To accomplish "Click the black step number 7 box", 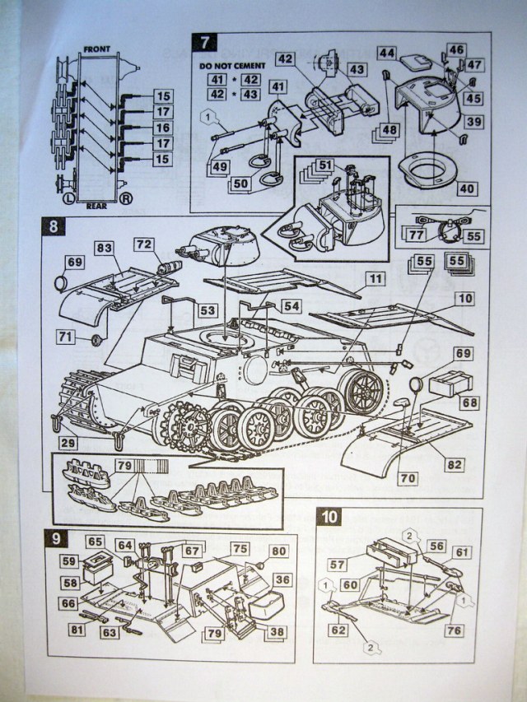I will pos(203,42).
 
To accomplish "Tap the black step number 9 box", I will pos(55,539).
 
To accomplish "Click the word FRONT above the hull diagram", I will pos(96,49).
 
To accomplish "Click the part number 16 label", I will pos(162,128).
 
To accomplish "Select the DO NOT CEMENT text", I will pos(233,64).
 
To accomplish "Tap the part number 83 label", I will pos(104,247).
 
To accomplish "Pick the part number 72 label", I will pos(144,245).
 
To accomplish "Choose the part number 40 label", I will pos(468,188).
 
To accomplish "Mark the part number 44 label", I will pos(387,53).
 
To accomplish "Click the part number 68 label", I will pos(470,402).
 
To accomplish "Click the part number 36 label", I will pos(282,579).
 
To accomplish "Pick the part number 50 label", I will pos(240,184).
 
